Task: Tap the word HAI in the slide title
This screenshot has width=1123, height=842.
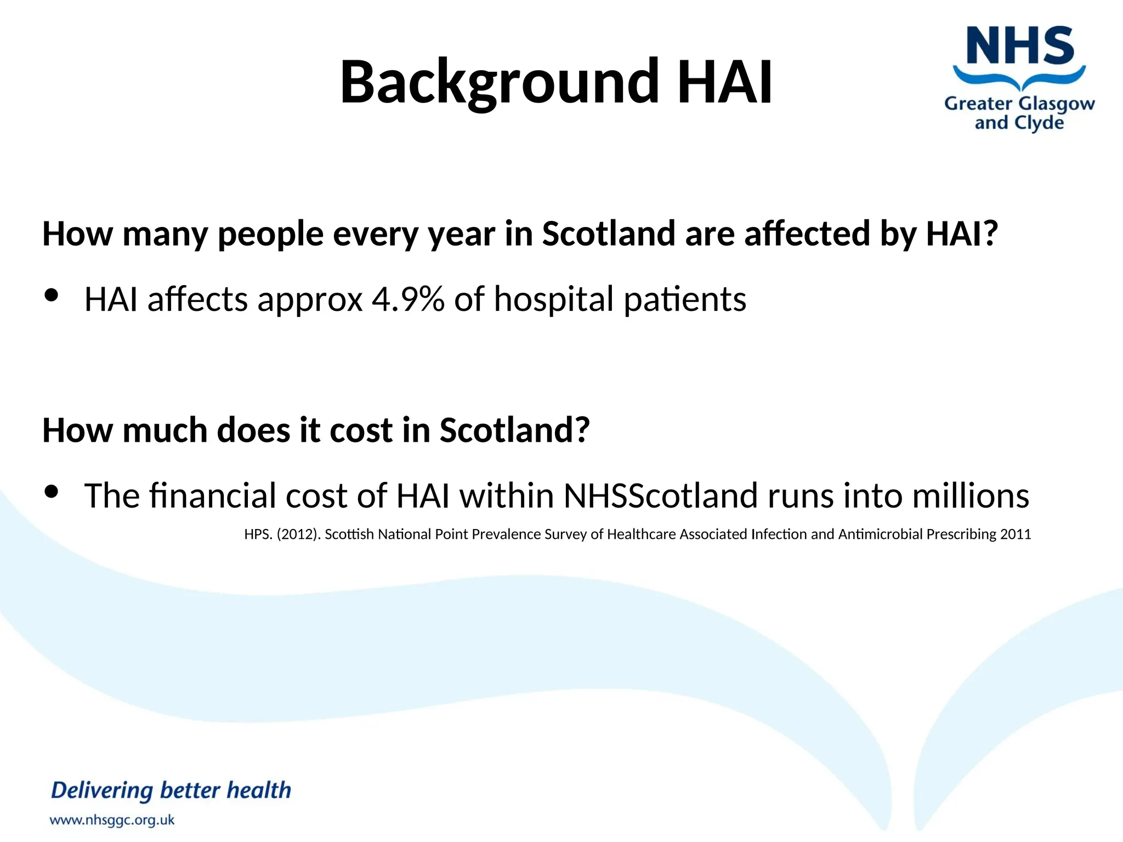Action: click(725, 82)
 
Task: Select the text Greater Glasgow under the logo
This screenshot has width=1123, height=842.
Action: click(1019, 103)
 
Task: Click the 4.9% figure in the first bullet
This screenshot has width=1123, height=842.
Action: click(408, 299)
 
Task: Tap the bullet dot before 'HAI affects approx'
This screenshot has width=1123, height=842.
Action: click(52, 295)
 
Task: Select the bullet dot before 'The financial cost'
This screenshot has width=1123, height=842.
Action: click(52, 492)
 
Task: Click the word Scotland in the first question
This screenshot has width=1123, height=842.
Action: click(609, 234)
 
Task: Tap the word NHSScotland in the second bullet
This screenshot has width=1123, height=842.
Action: click(660, 496)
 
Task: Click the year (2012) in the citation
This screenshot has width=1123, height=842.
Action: click(299, 534)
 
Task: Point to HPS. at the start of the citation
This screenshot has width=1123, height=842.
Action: click(258, 534)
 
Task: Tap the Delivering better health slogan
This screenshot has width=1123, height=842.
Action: click(171, 790)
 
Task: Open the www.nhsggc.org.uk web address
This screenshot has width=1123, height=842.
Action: click(112, 820)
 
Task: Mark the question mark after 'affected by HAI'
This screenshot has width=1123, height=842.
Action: click(990, 234)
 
